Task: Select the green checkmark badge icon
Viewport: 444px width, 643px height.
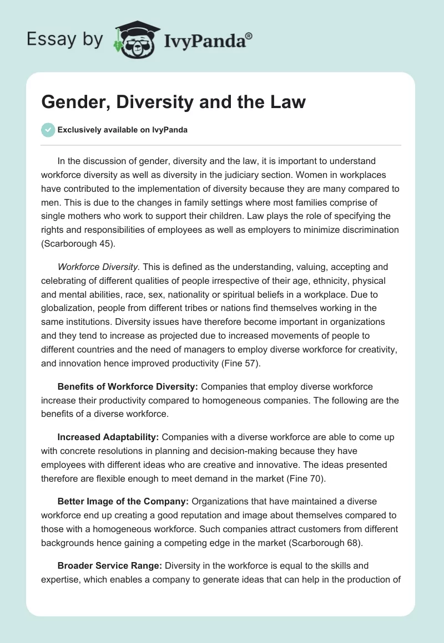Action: click(48, 130)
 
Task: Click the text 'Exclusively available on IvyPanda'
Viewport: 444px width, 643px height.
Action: click(123, 130)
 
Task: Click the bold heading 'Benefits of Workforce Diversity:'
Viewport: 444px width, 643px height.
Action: click(128, 386)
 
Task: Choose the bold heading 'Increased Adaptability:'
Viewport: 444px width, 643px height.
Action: click(108, 437)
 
